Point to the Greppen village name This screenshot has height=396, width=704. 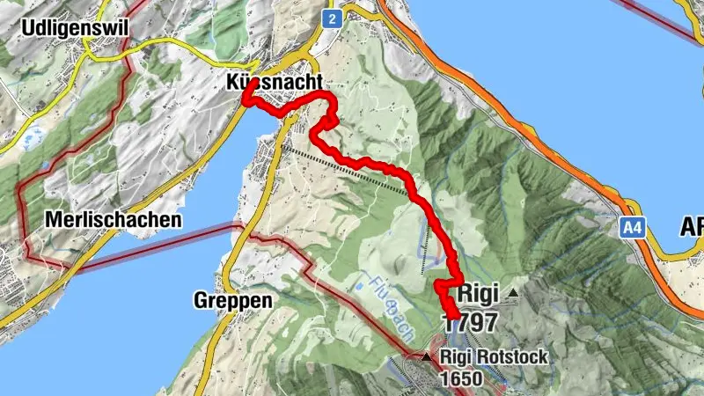tap(232, 300)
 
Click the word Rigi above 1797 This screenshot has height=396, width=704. tap(475, 291)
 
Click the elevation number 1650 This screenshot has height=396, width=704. tap(463, 379)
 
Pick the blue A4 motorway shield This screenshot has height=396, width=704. tap(630, 228)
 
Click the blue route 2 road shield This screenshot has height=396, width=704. tap(332, 18)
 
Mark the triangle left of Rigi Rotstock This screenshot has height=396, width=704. tap(428, 357)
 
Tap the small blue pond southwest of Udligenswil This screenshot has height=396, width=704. tap(34, 138)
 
